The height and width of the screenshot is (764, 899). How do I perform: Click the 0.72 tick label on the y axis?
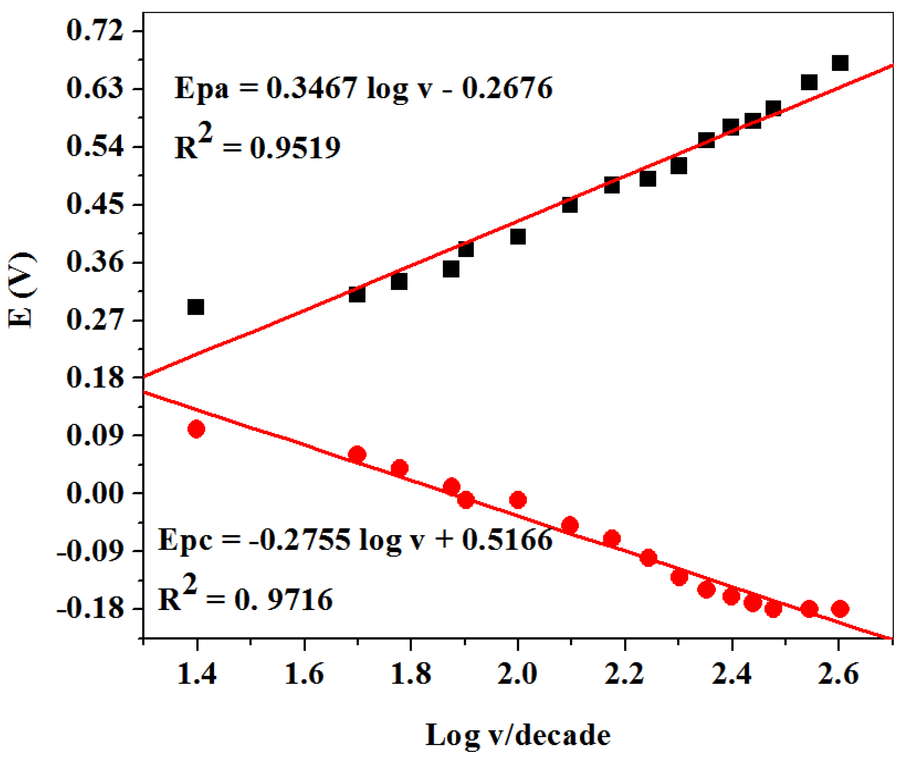click(x=95, y=31)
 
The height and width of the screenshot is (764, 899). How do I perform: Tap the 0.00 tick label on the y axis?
click(x=95, y=493)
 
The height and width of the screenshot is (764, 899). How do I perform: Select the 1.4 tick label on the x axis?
click(x=197, y=674)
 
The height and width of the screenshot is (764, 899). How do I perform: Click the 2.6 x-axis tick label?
click(x=838, y=674)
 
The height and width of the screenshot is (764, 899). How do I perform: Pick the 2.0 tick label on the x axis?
click(x=517, y=674)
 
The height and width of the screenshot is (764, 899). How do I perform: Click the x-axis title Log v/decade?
click(x=518, y=735)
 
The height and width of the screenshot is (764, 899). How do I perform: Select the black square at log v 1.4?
click(x=196, y=307)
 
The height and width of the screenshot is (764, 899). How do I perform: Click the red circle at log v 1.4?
click(x=196, y=429)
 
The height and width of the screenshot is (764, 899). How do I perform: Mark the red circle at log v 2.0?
click(x=518, y=500)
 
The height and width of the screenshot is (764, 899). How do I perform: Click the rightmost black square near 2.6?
click(x=840, y=63)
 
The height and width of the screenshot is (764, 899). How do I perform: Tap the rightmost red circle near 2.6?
click(x=840, y=609)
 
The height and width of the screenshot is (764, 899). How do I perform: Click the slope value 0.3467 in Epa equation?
click(x=311, y=88)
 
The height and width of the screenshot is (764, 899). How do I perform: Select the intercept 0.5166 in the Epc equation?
click(x=507, y=540)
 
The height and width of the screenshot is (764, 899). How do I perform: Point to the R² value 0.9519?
click(x=295, y=148)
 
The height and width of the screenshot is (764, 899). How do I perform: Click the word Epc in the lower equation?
click(x=185, y=540)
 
